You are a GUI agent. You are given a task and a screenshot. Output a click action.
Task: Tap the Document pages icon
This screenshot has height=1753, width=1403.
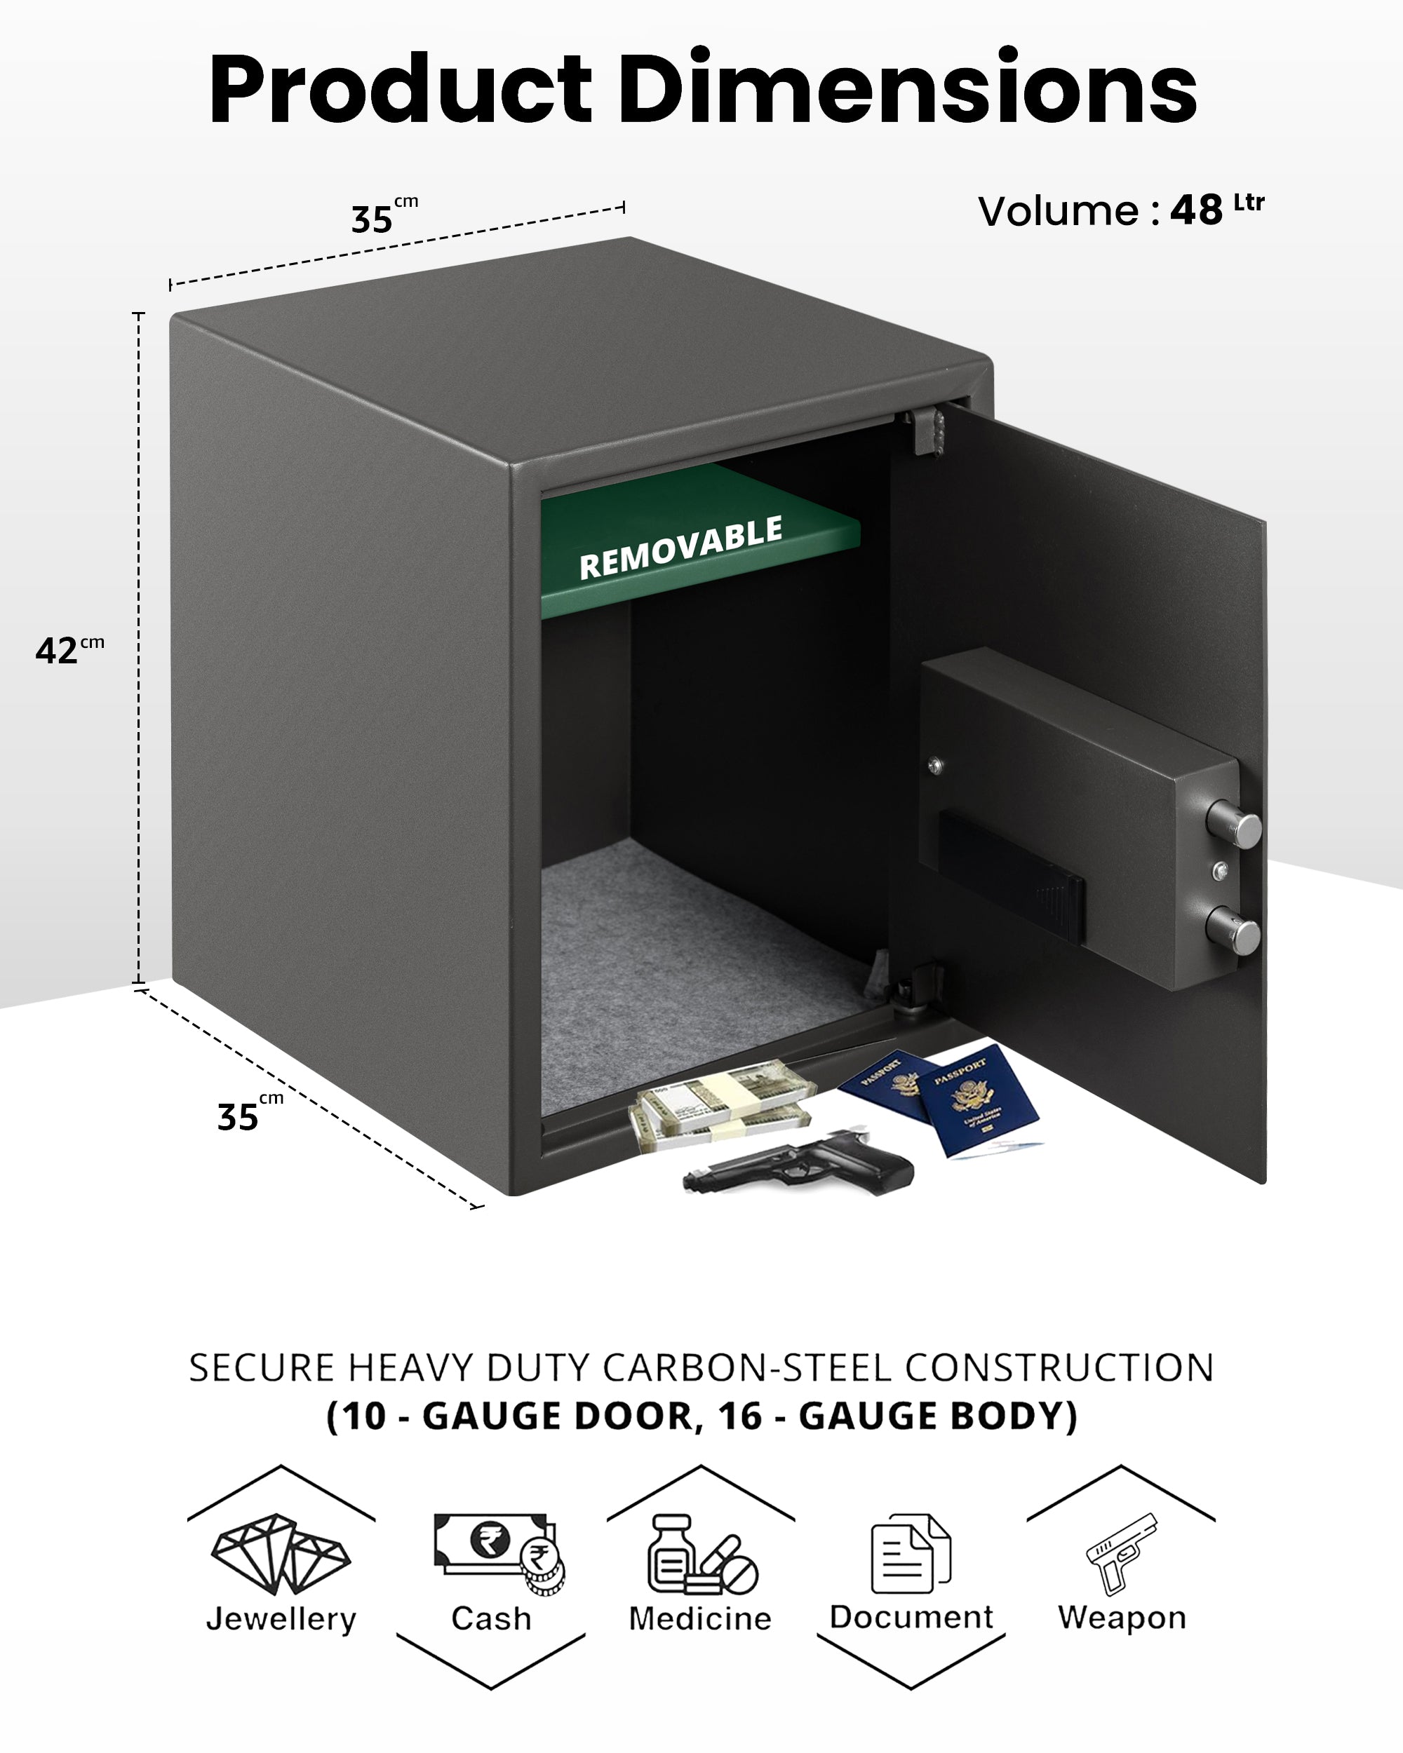(910, 1554)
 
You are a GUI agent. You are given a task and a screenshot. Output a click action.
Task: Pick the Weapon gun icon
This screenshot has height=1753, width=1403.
(1122, 1552)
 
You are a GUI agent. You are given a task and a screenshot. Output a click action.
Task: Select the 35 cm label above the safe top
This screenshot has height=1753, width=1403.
(383, 217)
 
